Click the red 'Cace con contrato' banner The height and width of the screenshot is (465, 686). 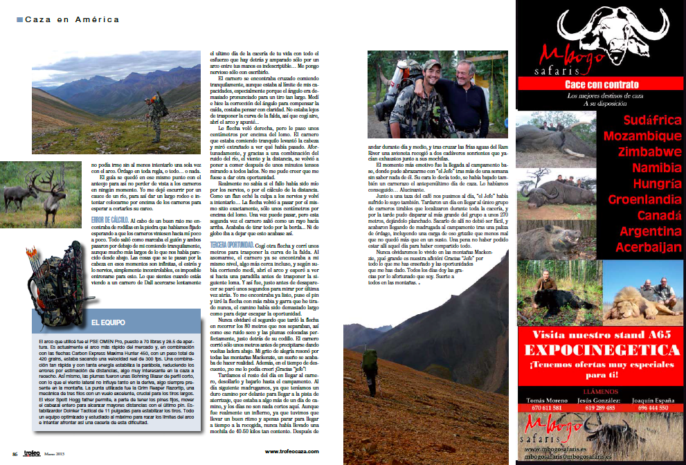(599, 84)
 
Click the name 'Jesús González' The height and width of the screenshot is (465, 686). (600, 400)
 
